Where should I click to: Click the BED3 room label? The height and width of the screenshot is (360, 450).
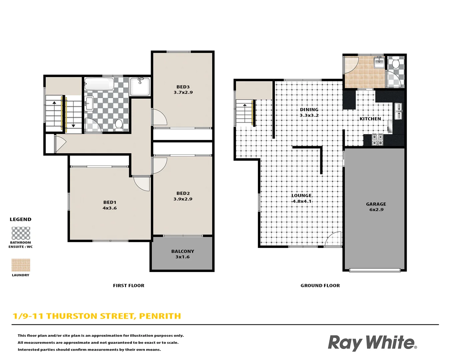tap(183, 87)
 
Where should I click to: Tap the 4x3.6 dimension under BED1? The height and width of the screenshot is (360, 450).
tap(110, 208)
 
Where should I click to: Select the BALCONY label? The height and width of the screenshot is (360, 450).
tap(183, 251)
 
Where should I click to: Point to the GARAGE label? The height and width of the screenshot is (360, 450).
tap(376, 204)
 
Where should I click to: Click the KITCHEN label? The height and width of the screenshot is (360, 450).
tap(370, 119)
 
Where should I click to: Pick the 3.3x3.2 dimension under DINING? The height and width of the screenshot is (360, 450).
tap(309, 115)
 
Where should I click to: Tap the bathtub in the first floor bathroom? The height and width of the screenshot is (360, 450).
tap(99, 84)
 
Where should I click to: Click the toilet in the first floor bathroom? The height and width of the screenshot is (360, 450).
tap(119, 125)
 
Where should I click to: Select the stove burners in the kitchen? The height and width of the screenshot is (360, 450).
tap(377, 140)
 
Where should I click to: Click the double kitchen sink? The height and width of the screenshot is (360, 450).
tap(398, 111)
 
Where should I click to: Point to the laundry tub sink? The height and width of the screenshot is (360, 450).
tap(379, 62)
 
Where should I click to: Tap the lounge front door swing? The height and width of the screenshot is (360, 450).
tap(333, 239)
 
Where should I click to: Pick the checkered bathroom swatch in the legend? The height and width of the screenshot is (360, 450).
tap(21, 233)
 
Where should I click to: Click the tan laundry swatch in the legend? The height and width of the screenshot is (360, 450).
tap(21, 265)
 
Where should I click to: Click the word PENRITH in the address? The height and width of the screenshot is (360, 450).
tap(160, 316)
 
